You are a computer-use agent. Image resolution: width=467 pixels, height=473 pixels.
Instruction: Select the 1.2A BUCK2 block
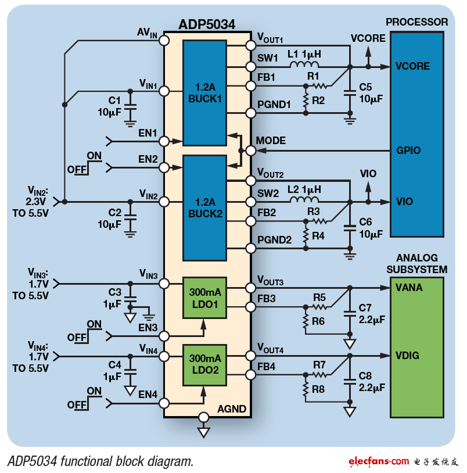(205, 207)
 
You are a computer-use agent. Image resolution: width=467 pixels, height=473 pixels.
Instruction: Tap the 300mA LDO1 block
(205, 298)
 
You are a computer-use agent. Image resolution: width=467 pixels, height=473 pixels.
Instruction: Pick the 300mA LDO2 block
(205, 364)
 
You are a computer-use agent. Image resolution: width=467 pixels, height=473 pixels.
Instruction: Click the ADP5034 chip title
(207, 24)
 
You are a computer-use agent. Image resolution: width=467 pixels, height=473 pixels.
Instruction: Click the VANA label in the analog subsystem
(409, 288)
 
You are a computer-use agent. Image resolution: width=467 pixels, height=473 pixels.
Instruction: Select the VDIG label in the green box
(408, 355)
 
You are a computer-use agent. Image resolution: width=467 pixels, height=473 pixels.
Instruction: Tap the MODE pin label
(271, 141)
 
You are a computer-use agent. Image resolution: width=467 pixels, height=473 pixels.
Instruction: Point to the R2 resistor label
(318, 100)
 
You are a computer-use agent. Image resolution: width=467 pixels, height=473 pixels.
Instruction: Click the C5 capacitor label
(365, 87)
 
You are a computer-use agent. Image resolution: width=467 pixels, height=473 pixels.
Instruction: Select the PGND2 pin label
(274, 239)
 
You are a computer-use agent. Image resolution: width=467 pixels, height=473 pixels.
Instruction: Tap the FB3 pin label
(267, 298)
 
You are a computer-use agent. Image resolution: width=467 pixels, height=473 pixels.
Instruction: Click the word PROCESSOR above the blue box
(416, 22)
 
